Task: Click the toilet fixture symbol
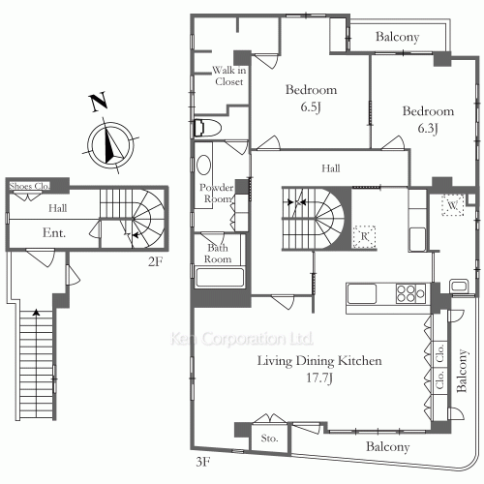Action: [208, 128]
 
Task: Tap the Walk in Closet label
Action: [229, 76]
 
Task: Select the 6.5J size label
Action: [311, 106]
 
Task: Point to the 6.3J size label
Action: [428, 129]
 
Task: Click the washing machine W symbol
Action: [453, 205]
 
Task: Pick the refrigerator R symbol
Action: [365, 236]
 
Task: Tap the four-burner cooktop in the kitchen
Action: [410, 293]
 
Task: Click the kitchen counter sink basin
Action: [362, 293]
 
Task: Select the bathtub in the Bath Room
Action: [220, 277]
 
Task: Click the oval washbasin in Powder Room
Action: [203, 165]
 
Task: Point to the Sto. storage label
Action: [269, 439]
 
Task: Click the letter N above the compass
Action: [98, 102]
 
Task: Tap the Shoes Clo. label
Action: [30, 186]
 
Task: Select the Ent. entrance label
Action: [54, 232]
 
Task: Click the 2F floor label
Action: [156, 261]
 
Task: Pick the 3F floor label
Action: [203, 462]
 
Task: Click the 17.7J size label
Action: [319, 378]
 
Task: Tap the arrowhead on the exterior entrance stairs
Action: [37, 312]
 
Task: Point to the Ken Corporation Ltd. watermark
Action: [242, 339]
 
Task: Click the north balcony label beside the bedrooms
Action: [397, 37]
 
